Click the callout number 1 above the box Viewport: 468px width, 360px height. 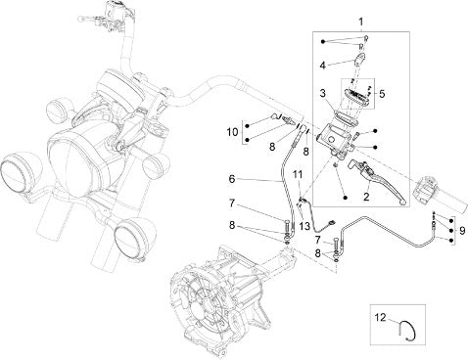[x=360, y=22]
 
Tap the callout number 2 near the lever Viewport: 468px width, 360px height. [x=366, y=197]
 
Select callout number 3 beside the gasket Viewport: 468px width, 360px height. [x=323, y=93]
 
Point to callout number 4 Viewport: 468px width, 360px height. [x=323, y=66]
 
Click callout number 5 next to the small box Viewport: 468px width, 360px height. [x=382, y=94]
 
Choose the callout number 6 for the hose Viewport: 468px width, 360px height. [x=232, y=179]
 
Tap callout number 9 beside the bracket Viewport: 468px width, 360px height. [x=462, y=231]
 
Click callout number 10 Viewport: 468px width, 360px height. [x=233, y=132]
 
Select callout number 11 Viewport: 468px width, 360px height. [x=298, y=174]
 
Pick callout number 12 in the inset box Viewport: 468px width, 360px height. [x=380, y=317]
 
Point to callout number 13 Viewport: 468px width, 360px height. [x=304, y=226]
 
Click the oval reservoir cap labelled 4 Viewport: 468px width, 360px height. [x=359, y=60]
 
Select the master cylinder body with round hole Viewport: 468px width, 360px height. [x=335, y=139]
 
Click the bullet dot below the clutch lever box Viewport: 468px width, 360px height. [x=345, y=198]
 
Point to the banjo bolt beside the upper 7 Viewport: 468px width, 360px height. [x=286, y=225]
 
